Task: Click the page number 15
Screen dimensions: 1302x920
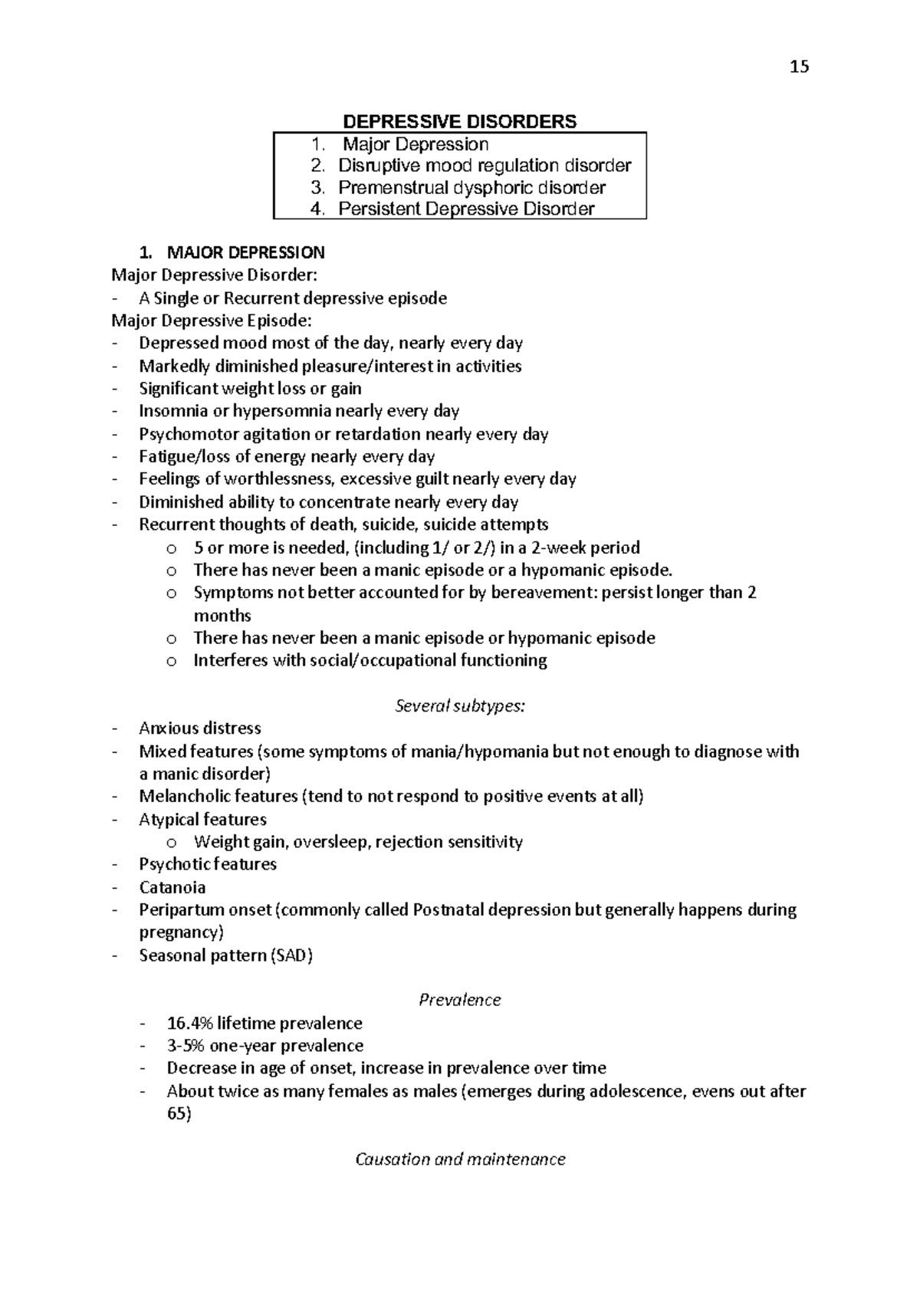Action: tap(799, 67)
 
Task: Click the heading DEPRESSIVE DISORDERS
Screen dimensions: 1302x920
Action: tap(459, 122)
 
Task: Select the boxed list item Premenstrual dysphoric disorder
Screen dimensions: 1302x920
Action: tap(472, 188)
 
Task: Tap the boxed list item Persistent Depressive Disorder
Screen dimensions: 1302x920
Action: tap(466, 209)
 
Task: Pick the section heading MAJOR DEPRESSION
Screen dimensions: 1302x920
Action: tap(245, 253)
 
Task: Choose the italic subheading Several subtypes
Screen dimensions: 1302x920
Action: tap(459, 706)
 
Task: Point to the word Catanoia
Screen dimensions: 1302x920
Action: tap(172, 888)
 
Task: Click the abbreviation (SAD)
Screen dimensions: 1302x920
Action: tap(291, 955)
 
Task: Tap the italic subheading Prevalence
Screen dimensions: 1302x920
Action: tap(459, 1001)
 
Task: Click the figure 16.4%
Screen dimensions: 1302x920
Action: tap(189, 1024)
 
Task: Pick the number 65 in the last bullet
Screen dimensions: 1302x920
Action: tap(179, 1113)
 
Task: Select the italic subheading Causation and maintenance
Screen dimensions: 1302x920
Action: tap(460, 1159)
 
